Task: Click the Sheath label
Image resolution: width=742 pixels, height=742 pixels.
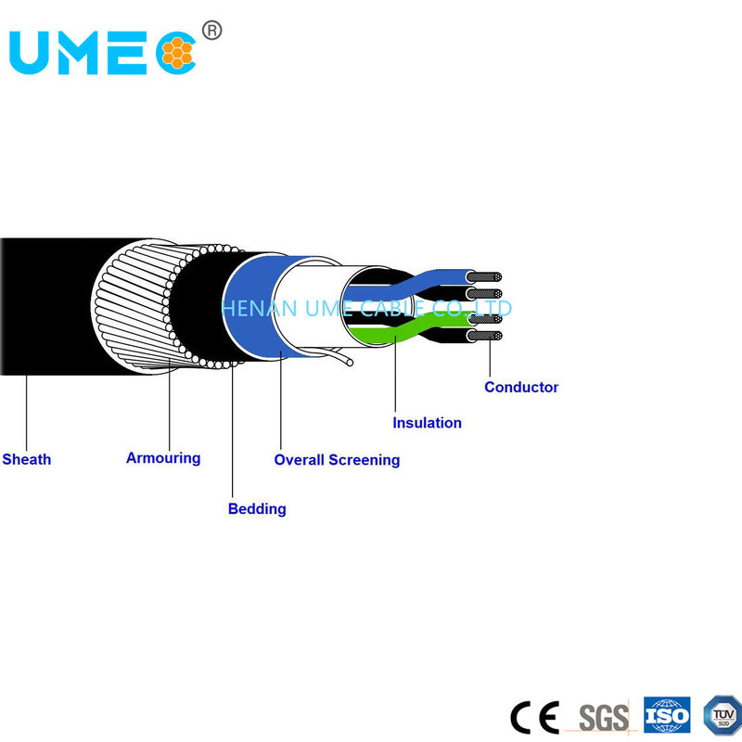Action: [26, 459]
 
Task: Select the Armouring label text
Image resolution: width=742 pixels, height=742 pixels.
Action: [163, 457]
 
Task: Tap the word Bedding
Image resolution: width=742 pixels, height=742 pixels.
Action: [257, 508]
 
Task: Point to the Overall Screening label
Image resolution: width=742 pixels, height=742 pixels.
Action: [337, 459]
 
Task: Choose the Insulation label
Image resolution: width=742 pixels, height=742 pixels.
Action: [427, 423]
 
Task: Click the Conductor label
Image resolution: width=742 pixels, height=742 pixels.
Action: [521, 387]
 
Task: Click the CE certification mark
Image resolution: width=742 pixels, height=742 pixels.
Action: [534, 716]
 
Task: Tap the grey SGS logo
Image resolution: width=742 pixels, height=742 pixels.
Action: [603, 717]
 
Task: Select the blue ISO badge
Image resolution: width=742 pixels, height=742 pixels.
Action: [667, 715]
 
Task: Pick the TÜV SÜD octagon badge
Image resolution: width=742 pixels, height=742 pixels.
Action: [723, 714]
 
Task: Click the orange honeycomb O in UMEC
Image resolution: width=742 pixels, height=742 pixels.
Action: [176, 53]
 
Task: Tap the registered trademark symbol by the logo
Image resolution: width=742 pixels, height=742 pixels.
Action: [212, 32]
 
